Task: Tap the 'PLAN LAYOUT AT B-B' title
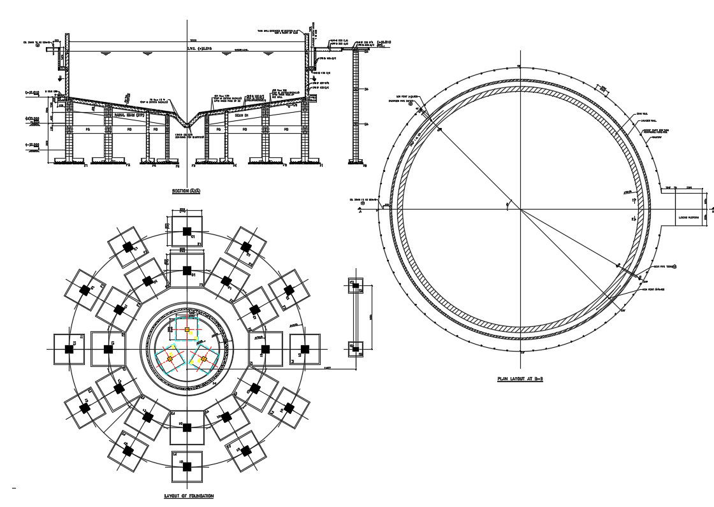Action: pyautogui.click(x=520, y=379)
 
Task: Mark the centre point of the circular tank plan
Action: pyautogui.click(x=520, y=209)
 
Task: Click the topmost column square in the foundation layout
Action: pyautogui.click(x=186, y=231)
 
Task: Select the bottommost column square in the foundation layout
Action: pyautogui.click(x=186, y=467)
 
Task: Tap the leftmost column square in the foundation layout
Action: pyautogui.click(x=68, y=348)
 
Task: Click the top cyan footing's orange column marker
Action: pyautogui.click(x=187, y=330)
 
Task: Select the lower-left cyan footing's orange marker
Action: pyautogui.click(x=170, y=360)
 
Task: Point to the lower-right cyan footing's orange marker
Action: pyautogui.click(x=203, y=359)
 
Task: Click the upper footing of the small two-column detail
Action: pyautogui.click(x=353, y=285)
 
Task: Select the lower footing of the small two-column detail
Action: pyautogui.click(x=353, y=347)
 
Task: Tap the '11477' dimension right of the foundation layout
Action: pyautogui.click(x=328, y=368)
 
